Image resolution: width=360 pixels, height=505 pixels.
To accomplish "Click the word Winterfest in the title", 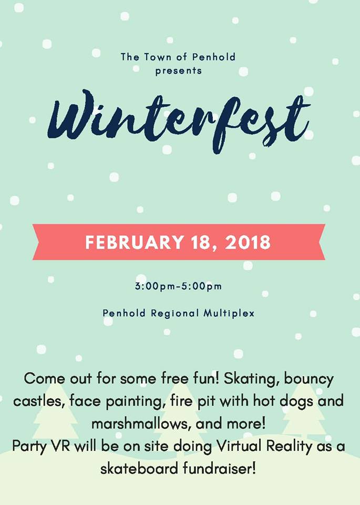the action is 179,121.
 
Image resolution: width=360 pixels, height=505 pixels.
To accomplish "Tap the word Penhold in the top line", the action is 214,57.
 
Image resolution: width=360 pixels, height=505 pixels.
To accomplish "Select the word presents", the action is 179,71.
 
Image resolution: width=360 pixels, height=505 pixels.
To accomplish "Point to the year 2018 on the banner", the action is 248,242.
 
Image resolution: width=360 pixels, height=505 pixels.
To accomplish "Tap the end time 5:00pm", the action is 201,286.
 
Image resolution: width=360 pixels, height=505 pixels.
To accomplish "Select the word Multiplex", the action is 229,313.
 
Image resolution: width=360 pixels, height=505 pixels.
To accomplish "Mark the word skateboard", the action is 139,469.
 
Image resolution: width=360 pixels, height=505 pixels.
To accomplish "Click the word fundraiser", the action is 219,469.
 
